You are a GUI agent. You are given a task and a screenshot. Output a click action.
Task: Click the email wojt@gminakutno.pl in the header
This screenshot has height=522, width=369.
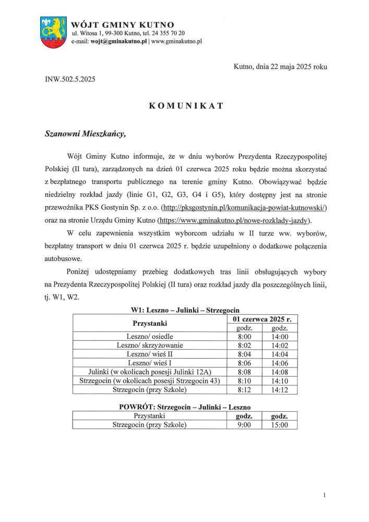(110, 40)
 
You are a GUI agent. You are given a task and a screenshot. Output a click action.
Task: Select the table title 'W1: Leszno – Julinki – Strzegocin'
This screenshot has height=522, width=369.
(184, 310)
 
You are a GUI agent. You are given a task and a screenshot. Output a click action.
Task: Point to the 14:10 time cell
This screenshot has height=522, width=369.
(280, 380)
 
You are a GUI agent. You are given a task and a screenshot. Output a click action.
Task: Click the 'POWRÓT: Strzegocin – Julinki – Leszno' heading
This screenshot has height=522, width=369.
(184, 406)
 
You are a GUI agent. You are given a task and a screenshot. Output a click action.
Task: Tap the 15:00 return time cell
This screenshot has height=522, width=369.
(280, 425)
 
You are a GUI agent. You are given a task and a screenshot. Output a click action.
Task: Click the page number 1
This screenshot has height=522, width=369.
(325, 494)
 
